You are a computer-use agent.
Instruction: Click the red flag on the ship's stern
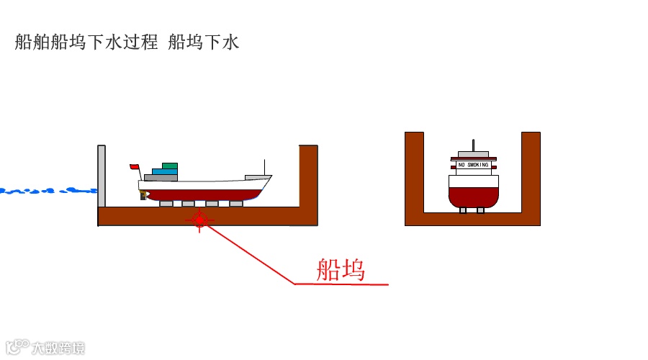[x=134, y=167]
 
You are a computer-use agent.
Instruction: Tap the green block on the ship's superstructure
[x=170, y=166]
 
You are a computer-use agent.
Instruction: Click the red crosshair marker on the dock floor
[x=200, y=220]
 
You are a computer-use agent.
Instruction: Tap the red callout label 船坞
[x=341, y=269]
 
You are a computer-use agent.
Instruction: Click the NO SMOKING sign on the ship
[x=473, y=165]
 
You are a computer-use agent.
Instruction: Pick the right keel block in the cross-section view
[x=481, y=210]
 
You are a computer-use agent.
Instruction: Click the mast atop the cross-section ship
[x=473, y=145]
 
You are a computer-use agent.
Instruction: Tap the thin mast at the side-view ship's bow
[x=265, y=167]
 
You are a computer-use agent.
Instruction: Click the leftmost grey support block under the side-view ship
[x=166, y=204]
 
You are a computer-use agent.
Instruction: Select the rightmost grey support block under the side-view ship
[x=235, y=204]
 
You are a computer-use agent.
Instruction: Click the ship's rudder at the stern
[x=144, y=194]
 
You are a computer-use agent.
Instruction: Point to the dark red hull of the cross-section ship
[x=473, y=196]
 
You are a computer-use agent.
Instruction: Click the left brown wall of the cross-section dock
[x=414, y=173]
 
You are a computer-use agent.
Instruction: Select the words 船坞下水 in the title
[x=203, y=42]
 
